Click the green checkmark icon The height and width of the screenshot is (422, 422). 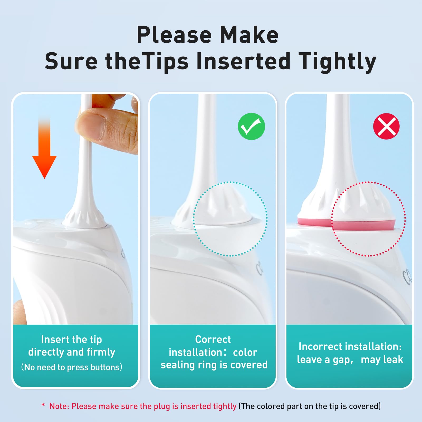251,126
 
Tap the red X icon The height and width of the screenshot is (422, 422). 386,126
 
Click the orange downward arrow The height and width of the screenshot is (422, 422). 44,148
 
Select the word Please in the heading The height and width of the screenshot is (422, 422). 174,35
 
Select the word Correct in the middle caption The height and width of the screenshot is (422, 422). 213,339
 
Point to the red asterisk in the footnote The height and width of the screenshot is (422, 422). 43,405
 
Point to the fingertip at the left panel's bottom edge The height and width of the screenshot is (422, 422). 20,312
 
